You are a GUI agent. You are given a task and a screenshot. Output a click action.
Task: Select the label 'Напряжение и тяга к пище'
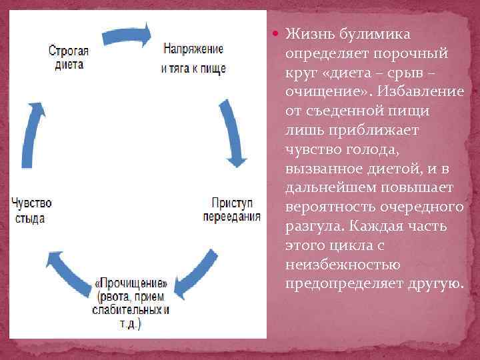[193, 59]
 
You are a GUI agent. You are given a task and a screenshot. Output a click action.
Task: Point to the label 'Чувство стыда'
[31, 210]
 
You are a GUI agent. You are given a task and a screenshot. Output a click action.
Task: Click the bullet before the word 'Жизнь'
[275, 33]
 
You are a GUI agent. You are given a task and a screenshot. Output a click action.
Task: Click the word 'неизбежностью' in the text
[339, 265]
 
